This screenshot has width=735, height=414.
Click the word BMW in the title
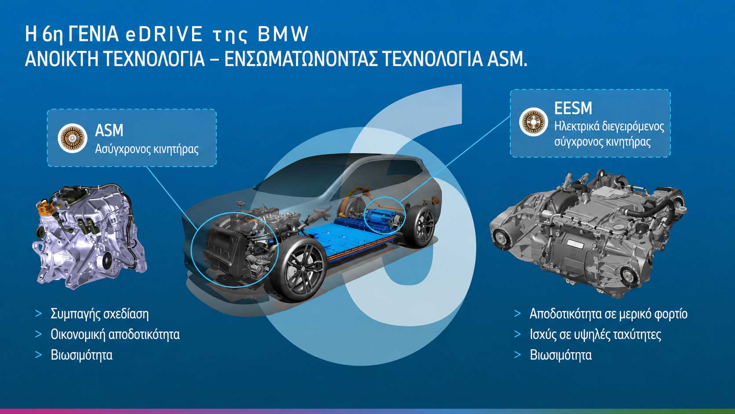[283, 34]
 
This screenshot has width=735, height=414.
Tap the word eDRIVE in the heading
[164, 34]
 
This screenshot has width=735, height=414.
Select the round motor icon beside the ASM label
[73, 138]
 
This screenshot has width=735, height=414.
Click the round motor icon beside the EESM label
[534, 122]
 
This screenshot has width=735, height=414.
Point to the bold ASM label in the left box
[109, 130]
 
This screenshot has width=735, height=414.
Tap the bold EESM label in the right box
[573, 108]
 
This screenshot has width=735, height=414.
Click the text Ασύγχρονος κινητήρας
[147, 149]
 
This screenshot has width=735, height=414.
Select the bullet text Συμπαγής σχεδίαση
[99, 314]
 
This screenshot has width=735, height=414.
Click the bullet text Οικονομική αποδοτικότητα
[115, 334]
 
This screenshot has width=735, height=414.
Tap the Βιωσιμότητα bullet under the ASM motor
[81, 355]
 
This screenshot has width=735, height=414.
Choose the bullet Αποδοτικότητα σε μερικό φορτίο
[608, 314]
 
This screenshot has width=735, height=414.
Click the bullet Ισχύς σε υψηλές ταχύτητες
[595, 334]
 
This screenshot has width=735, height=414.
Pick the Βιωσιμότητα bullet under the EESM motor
[561, 355]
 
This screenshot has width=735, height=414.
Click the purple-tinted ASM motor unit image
[90, 236]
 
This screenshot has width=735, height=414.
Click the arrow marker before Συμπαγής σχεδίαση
[38, 314]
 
